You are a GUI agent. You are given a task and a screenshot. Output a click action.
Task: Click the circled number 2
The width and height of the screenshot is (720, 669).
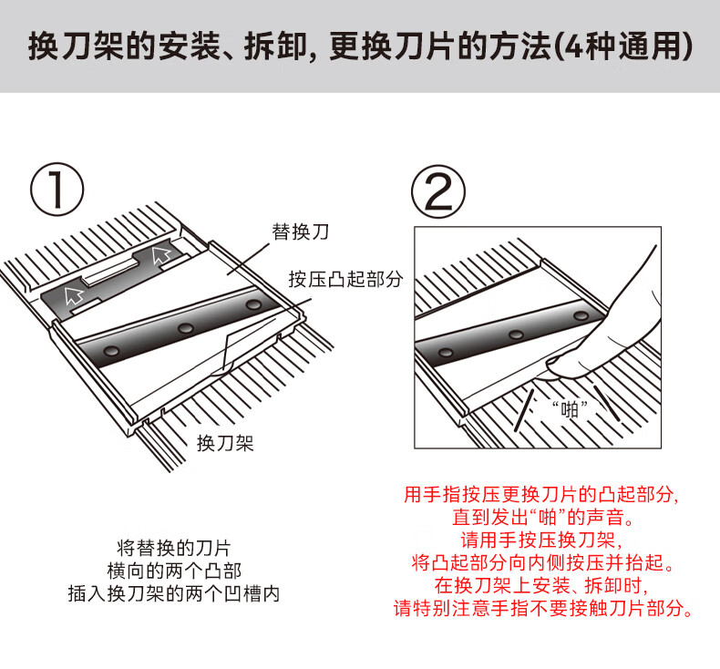[x=438, y=190]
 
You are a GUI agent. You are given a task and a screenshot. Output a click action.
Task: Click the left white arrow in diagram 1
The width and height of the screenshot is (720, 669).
[x=70, y=293]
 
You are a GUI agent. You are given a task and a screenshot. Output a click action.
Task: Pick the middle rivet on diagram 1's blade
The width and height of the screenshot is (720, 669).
[x=186, y=327]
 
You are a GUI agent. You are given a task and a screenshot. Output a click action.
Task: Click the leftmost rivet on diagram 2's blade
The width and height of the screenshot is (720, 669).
[x=446, y=351]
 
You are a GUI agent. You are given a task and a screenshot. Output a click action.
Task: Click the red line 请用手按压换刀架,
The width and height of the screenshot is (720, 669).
[x=543, y=539]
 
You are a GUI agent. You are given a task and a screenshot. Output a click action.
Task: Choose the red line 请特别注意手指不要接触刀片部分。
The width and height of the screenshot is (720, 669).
[x=543, y=607]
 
